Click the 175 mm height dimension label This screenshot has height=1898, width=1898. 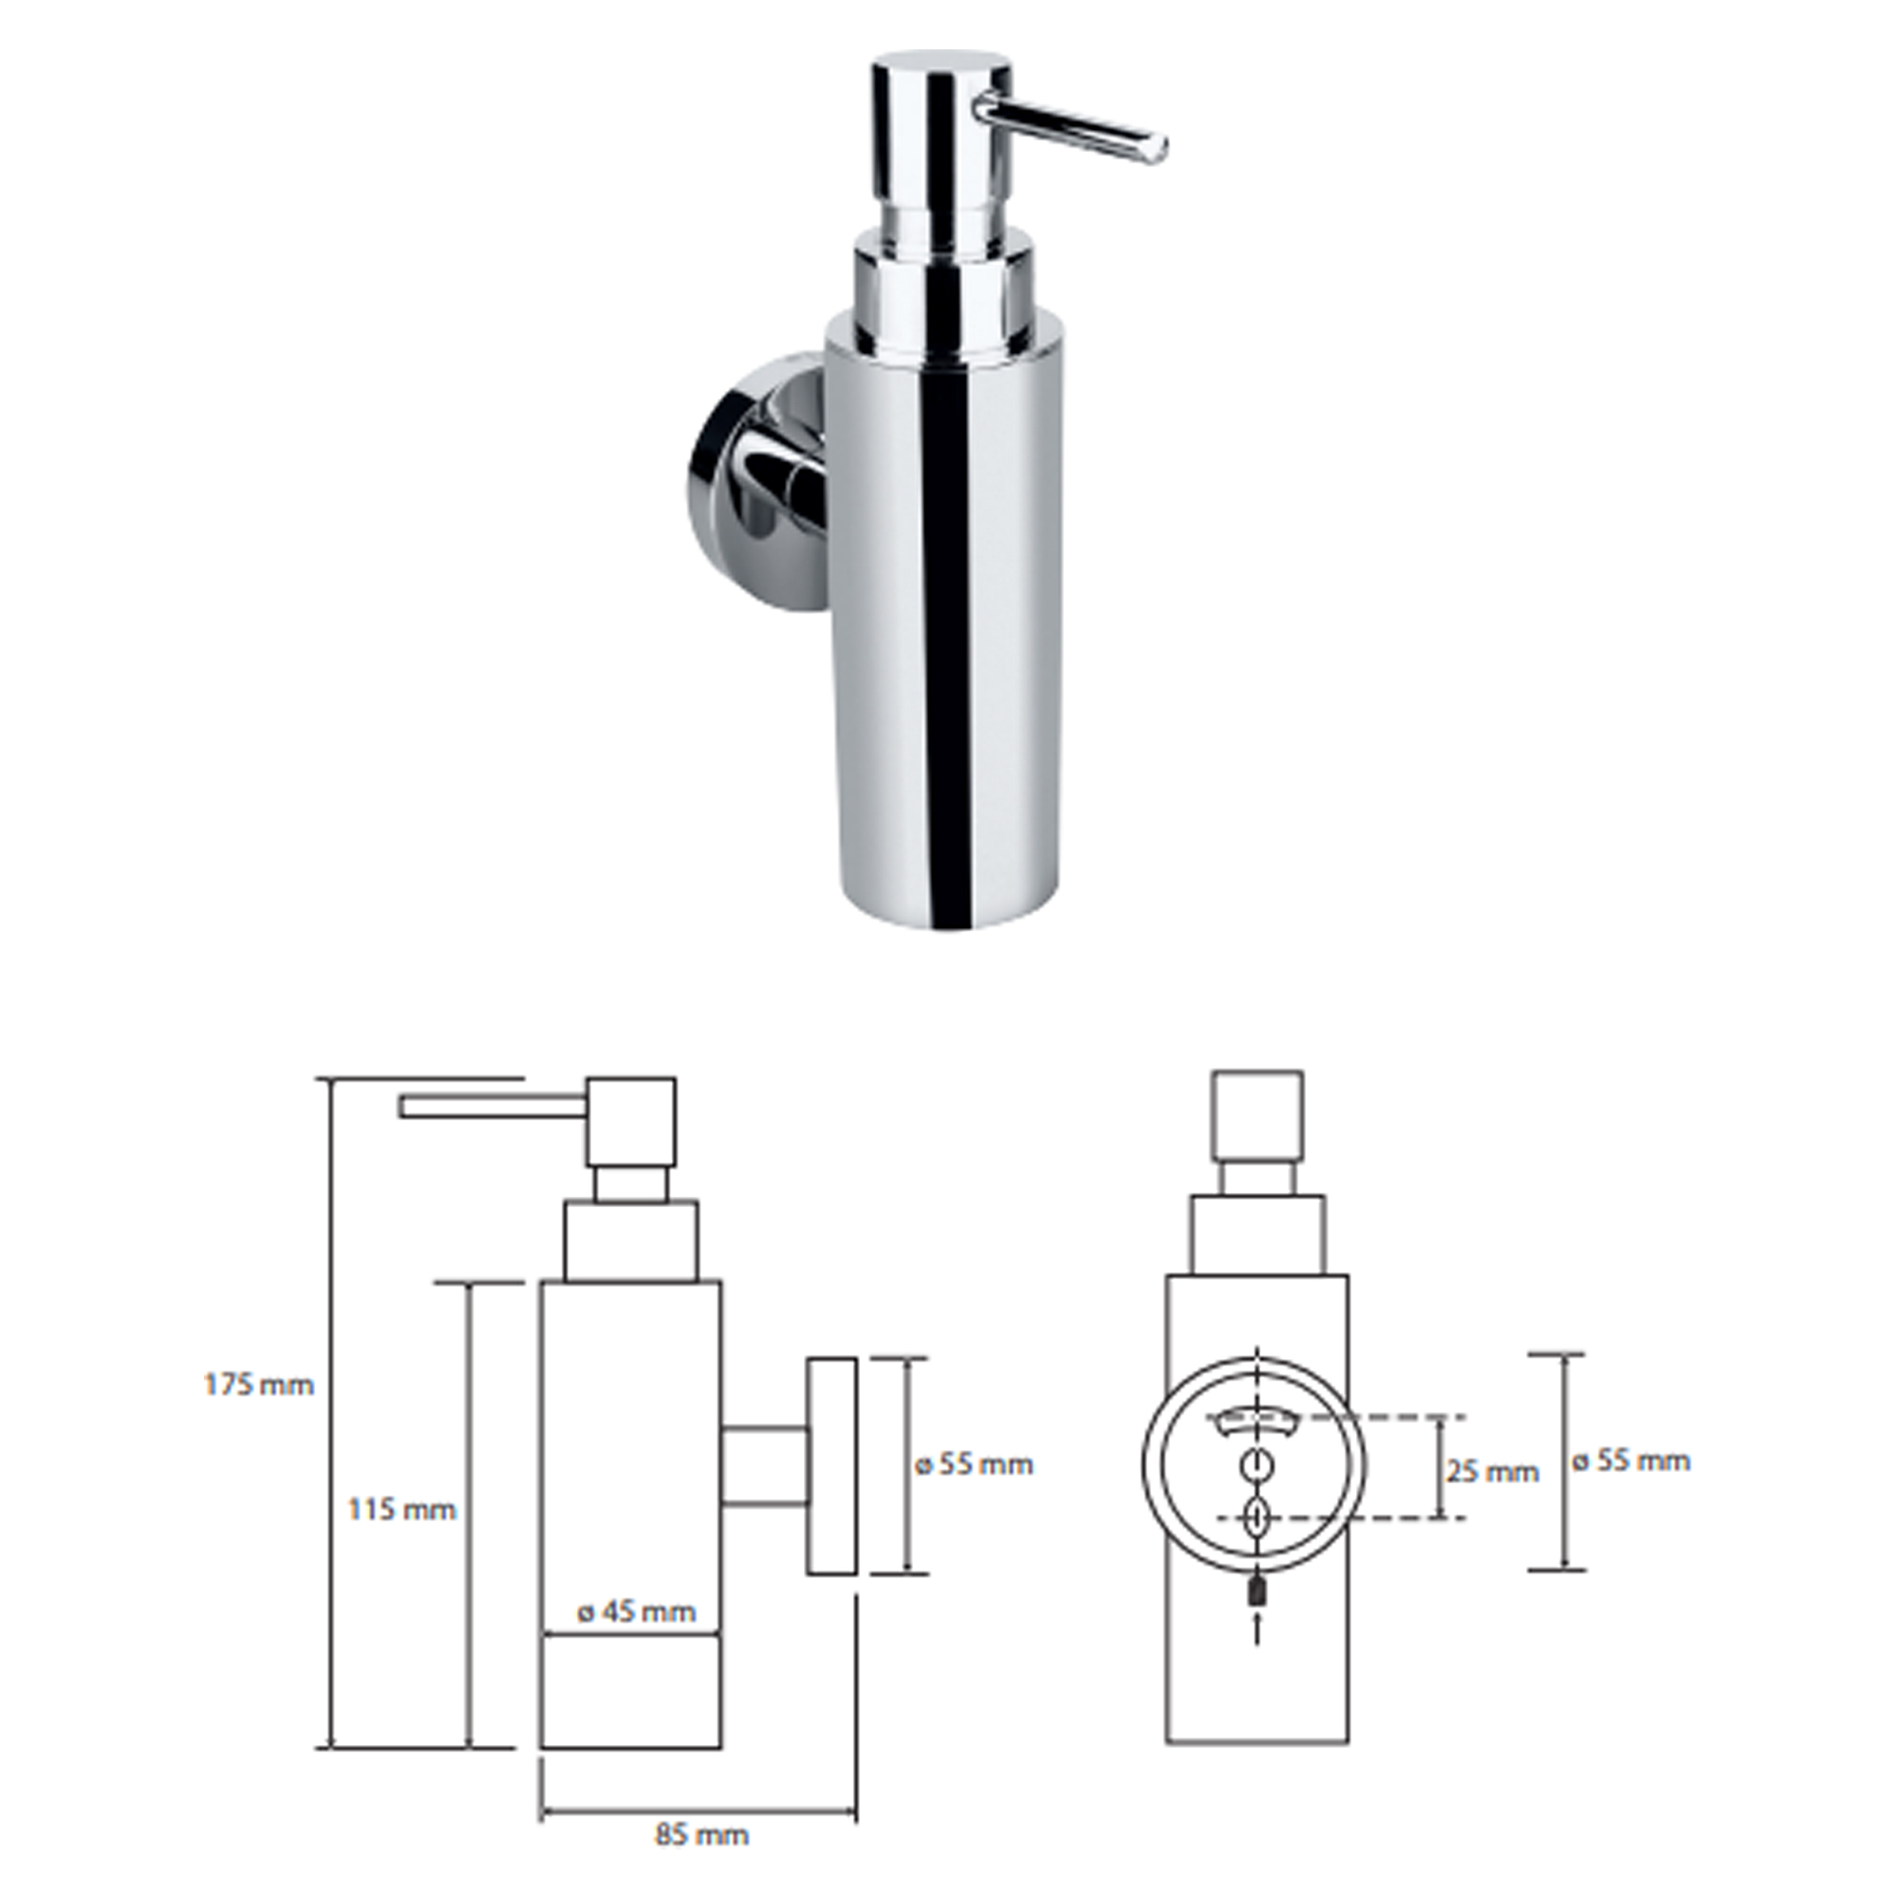(x=259, y=1386)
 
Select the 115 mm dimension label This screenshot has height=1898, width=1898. (x=402, y=1510)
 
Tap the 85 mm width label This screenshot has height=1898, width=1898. (x=701, y=1834)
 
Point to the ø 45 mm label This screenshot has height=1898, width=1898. (x=637, y=1612)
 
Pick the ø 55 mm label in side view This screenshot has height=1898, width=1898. (x=974, y=1464)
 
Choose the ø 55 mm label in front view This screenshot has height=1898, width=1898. (x=1630, y=1461)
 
